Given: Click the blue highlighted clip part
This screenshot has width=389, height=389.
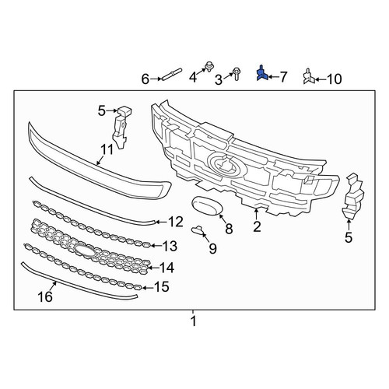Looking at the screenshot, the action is point(262,73).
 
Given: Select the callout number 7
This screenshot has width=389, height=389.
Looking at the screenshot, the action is point(282,77).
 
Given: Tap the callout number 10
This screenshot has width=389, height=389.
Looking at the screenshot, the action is point(334,79).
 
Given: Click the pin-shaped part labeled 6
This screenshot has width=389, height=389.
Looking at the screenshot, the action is point(172,74).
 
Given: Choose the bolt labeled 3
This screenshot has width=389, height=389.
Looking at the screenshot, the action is point(236,74).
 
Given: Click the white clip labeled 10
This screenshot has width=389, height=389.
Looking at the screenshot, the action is point(310,76).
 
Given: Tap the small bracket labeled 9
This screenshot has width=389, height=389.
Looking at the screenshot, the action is point(198,230).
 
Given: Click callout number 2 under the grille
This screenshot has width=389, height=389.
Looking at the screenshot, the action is point(257,226).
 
